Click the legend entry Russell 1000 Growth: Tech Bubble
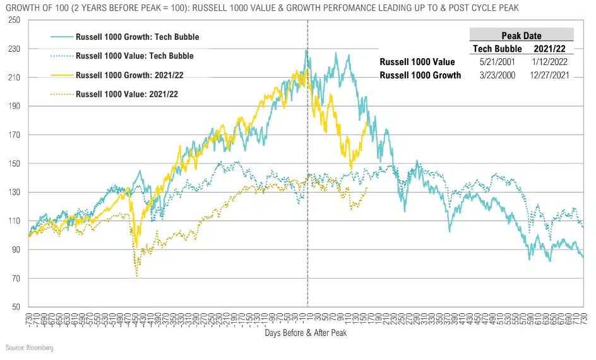137,37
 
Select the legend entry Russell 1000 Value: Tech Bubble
134,56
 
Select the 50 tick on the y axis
16,307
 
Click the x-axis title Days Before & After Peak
306,332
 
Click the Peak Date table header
521,36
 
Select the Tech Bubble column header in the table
497,49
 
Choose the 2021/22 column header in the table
549,49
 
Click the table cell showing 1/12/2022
549,62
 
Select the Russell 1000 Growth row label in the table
420,75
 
